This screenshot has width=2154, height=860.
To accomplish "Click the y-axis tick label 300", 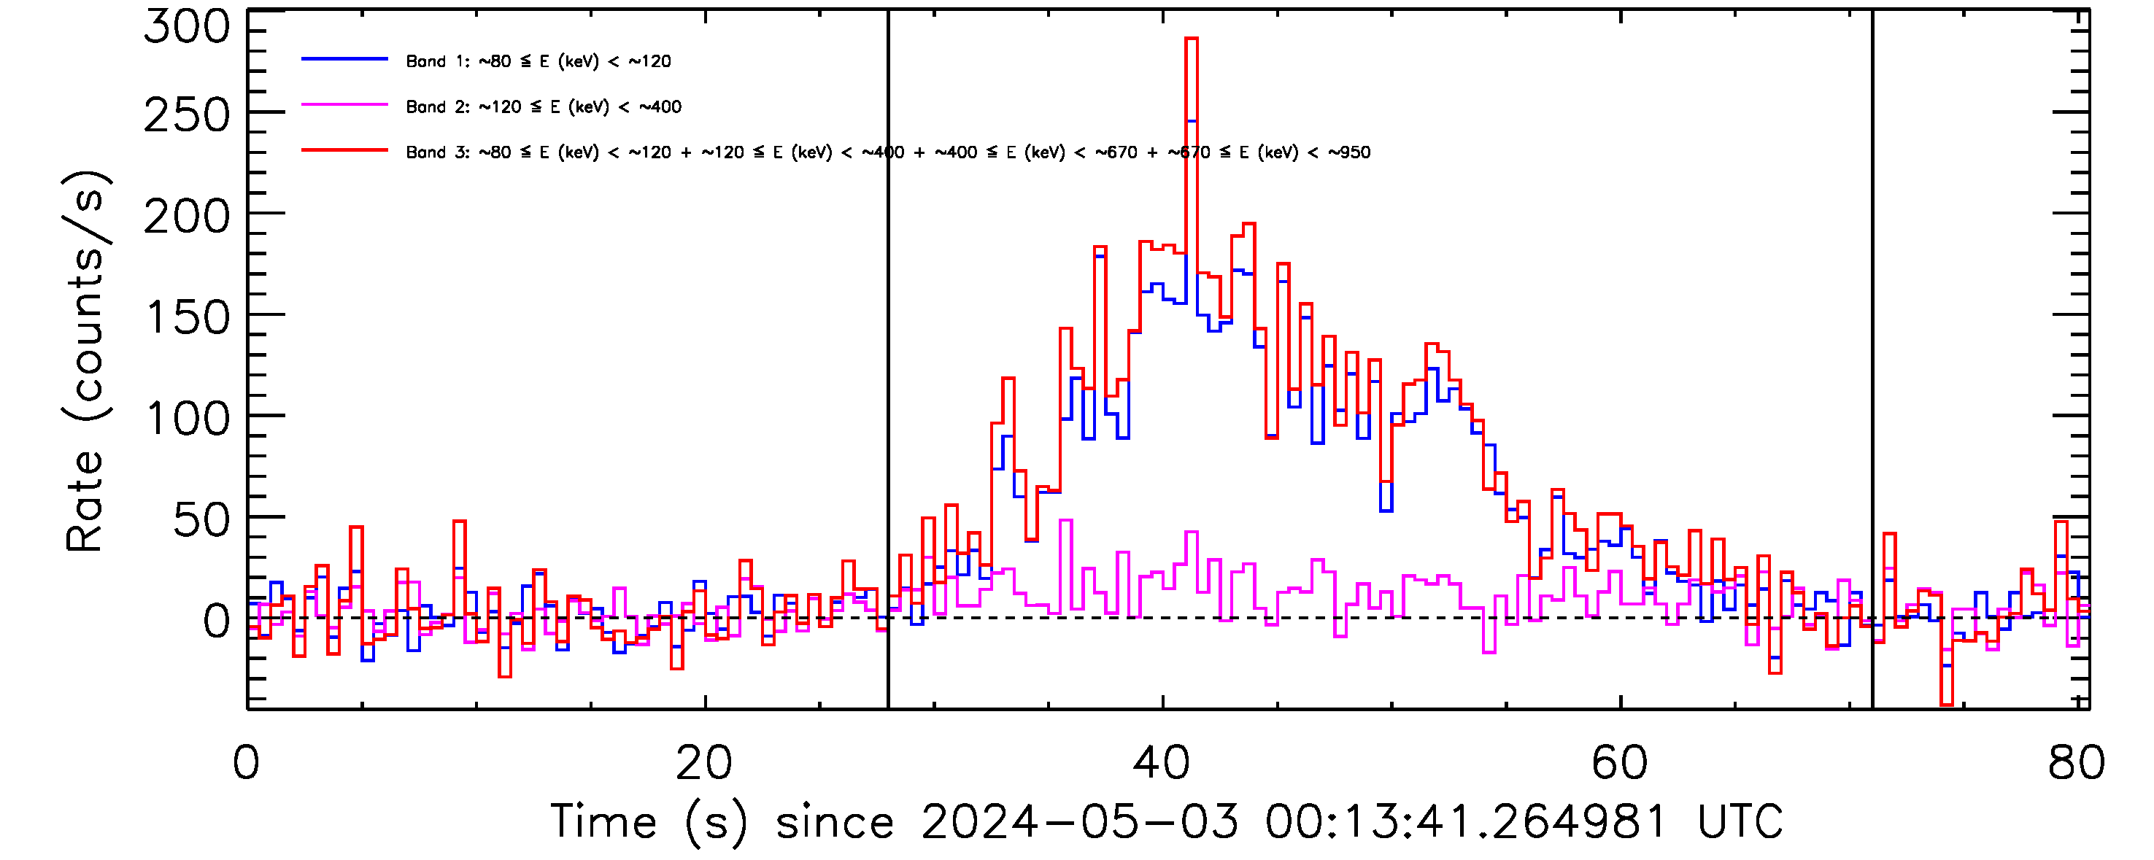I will (187, 27).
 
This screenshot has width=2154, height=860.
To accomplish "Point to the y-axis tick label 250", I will (187, 116).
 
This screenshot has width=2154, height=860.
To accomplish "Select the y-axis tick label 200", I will (187, 217).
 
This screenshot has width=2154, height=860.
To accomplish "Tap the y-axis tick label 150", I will (187, 319).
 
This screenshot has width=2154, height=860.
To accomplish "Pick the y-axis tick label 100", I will (187, 419).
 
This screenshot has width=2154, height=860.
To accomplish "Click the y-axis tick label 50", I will (201, 521).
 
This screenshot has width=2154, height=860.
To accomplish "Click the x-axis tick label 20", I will (704, 762).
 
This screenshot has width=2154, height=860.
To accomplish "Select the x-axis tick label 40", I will (1162, 762).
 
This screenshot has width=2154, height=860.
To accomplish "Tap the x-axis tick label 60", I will (1620, 762).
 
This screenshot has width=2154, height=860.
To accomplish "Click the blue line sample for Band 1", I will (344, 59).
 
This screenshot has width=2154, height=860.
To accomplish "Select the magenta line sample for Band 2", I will (344, 105).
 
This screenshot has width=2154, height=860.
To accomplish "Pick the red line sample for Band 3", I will (344, 150).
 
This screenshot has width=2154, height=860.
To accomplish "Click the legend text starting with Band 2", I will (544, 107).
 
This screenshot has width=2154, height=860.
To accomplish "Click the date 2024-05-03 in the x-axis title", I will (1079, 821).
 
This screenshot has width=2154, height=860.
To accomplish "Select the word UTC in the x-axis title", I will (1740, 821).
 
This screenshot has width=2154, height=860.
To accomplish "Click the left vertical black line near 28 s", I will (888, 334).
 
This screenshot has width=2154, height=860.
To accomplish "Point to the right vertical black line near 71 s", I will (1872, 334).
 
